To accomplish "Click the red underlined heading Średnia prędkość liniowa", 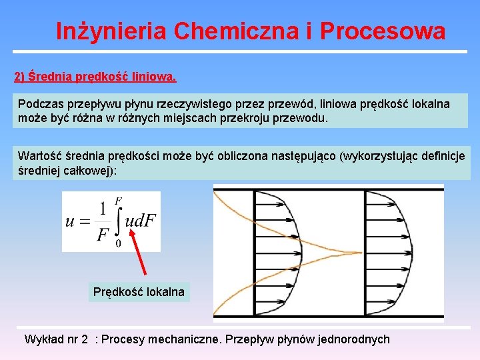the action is (95, 77).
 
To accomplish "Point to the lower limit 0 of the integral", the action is (119, 243).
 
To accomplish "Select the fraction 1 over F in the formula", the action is (102, 221).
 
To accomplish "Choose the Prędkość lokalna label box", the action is (139, 292).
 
